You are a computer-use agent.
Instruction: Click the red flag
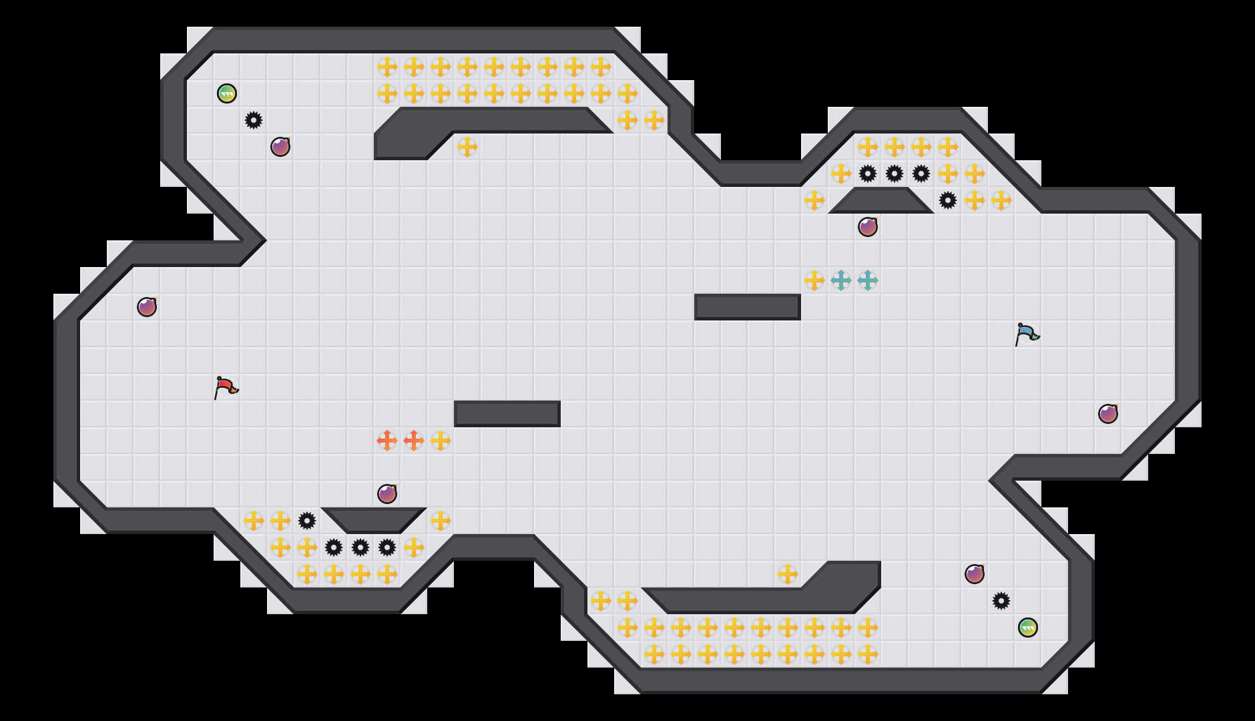tap(225, 387)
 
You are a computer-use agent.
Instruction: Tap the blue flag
tap(1026, 334)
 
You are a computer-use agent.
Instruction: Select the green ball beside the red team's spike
tap(227, 93)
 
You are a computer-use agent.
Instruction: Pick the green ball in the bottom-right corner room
tap(1028, 628)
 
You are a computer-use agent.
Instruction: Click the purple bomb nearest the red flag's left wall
tap(147, 307)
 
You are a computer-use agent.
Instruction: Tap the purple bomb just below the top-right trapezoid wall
tap(868, 227)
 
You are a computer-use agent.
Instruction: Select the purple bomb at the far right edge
tap(1108, 414)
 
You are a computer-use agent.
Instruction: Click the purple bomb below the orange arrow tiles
tap(387, 494)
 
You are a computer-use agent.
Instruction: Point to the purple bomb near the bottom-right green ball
tap(975, 574)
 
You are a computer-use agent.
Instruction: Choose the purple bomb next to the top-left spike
tap(280, 147)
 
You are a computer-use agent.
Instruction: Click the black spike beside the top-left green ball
tap(254, 120)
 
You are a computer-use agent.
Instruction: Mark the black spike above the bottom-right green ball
tap(1001, 601)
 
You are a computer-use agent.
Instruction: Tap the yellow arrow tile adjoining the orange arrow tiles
tap(441, 441)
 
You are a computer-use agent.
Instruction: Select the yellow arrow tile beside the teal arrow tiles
tap(814, 280)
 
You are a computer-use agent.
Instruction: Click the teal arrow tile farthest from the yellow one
tap(868, 280)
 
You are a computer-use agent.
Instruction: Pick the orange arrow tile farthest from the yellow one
tap(387, 441)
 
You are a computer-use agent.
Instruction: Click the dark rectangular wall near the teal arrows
tap(748, 307)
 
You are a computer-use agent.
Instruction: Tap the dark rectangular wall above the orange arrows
tap(507, 414)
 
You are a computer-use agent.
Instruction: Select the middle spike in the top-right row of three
tap(895, 174)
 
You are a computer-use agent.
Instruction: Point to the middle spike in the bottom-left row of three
tap(360, 547)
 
